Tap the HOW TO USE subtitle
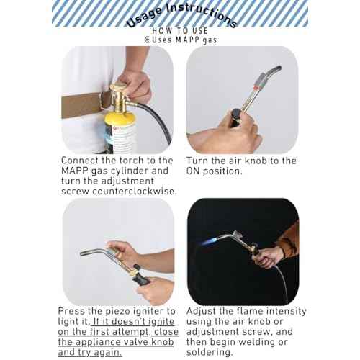point(180,31)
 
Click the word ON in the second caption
point(199,171)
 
